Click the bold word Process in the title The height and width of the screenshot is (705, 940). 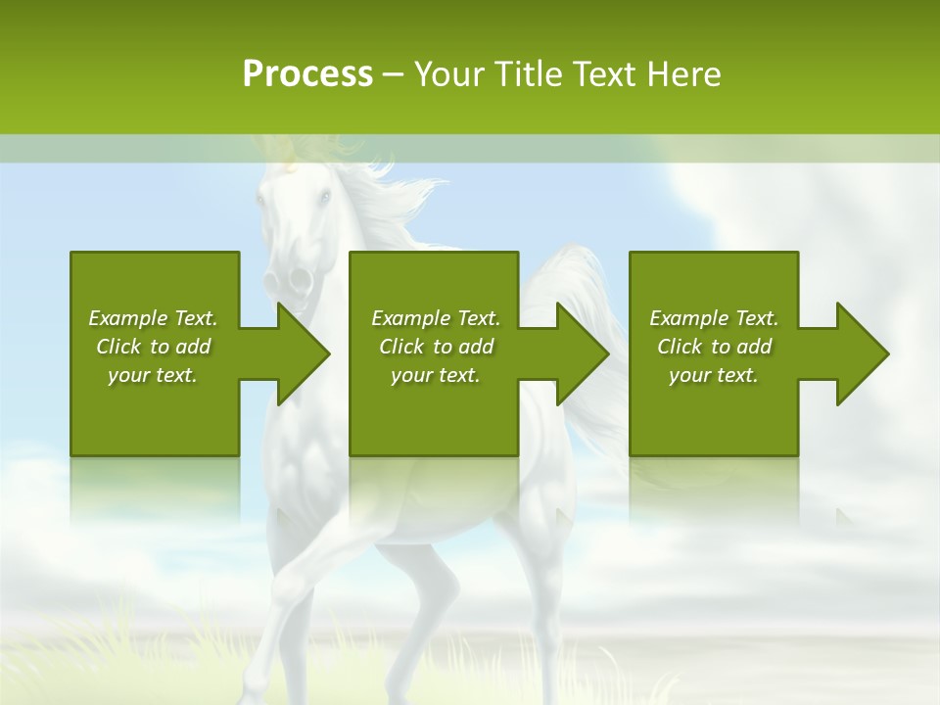coord(307,74)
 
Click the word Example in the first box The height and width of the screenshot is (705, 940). coord(128,318)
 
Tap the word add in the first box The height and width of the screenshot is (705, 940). coord(193,347)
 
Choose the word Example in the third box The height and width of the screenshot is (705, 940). coord(689,318)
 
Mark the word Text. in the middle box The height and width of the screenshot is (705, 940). coord(477,318)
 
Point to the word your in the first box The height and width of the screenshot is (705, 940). coord(127,375)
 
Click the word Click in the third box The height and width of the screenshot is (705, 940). coord(681,347)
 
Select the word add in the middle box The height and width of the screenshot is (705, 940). coord(476,347)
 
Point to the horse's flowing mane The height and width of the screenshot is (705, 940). coord(392,201)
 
